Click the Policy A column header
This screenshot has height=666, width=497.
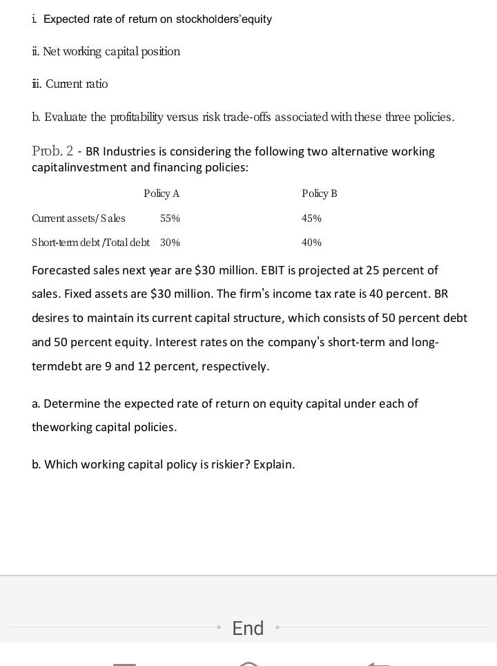[162, 193]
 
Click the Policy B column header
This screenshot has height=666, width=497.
[320, 193]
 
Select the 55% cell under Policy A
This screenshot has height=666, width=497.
[170, 218]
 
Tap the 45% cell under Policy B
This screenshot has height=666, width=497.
[311, 218]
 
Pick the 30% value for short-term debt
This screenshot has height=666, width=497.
[170, 242]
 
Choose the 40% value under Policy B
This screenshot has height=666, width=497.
[311, 242]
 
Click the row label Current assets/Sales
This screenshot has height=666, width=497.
[79, 218]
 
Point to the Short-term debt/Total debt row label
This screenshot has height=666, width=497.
[90, 242]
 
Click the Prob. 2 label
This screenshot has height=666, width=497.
[52, 151]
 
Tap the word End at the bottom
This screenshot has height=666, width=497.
[248, 628]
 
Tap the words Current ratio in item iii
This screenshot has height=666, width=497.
[77, 84]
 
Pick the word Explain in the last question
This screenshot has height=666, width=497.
[273, 464]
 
